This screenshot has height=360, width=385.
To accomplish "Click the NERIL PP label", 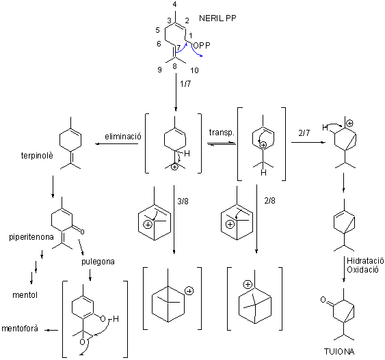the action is (217, 18).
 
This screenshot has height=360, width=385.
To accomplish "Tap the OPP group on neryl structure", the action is (202, 45).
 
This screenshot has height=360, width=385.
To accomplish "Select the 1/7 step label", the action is (185, 84).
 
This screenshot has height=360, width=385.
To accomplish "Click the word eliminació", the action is (123, 136).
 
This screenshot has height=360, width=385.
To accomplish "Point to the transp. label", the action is (222, 133).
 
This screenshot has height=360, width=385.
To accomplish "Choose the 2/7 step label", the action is (304, 133).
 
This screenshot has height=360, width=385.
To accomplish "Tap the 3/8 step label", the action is (183, 202).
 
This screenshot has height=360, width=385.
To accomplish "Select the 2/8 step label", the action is (269, 201).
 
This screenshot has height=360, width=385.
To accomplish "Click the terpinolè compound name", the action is (37, 156).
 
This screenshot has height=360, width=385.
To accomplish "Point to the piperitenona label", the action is (31, 237).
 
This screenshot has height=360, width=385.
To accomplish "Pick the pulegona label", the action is (98, 262).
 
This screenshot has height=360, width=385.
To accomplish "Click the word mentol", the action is (25, 295).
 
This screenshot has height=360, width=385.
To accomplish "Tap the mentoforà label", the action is (20, 329).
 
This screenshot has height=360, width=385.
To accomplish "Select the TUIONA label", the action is (339, 351).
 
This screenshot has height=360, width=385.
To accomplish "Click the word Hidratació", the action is (365, 261).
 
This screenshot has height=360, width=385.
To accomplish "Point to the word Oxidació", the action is (362, 270).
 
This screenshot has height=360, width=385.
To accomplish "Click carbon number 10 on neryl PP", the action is (194, 70).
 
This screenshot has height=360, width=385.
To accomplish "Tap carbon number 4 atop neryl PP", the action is (174, 5).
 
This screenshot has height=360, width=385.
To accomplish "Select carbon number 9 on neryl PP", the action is (159, 70).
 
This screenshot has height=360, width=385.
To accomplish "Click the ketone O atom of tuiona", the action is (323, 299).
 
